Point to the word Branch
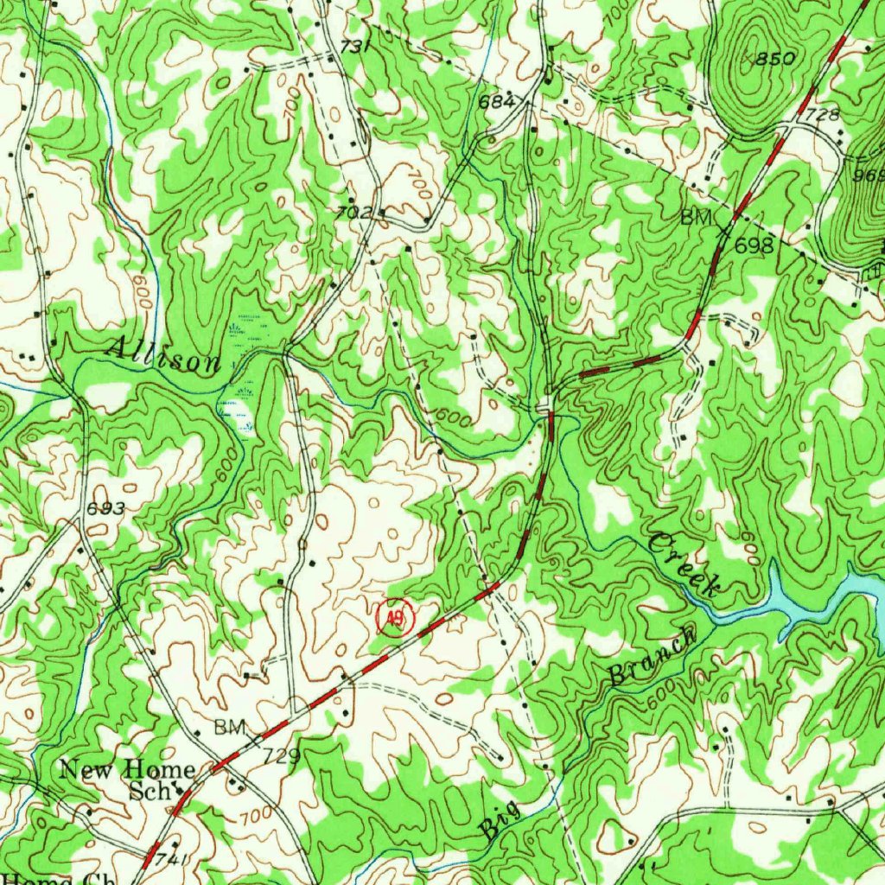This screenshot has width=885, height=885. [x=652, y=656]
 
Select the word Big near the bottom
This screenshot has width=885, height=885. [x=502, y=820]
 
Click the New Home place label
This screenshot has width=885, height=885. [x=127, y=768]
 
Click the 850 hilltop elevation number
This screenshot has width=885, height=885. [x=774, y=59]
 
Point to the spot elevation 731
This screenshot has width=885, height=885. [x=355, y=48]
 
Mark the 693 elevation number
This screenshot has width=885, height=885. [x=106, y=509]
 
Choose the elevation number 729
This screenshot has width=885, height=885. [x=281, y=758]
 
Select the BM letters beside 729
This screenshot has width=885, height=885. [x=231, y=727]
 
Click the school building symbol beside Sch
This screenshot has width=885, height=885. [x=180, y=788]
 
